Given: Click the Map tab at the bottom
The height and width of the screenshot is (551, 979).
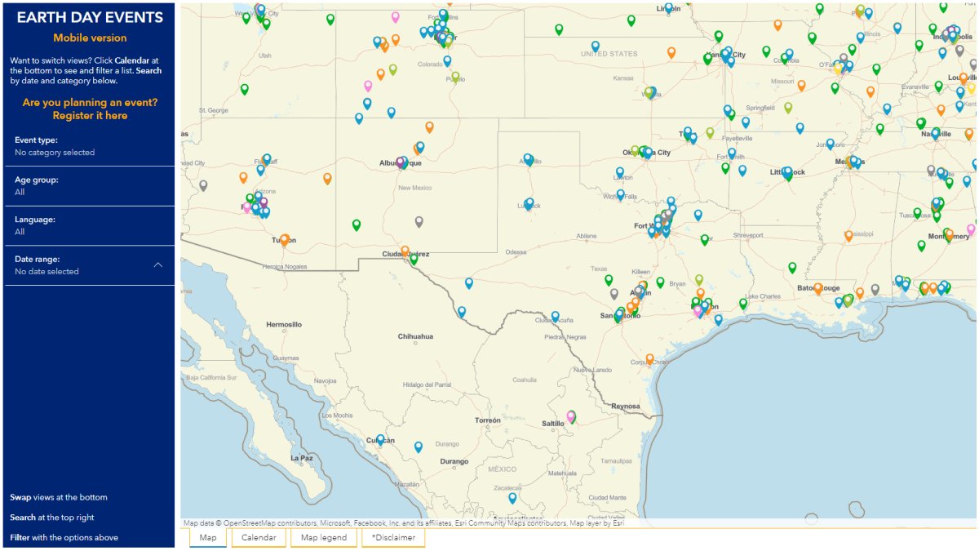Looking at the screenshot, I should [208, 538].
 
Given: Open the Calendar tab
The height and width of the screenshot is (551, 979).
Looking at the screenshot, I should [259, 538].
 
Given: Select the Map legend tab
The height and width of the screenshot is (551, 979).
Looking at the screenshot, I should [324, 538].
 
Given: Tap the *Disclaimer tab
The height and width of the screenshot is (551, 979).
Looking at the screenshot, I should [393, 538].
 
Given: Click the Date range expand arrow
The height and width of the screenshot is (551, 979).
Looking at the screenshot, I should [158, 265].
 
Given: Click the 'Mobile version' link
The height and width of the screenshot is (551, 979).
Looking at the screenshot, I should [90, 38].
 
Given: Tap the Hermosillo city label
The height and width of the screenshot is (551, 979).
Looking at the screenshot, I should [283, 325].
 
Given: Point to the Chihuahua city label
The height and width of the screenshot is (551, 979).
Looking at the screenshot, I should [415, 336].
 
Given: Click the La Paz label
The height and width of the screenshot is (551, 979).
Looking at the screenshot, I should [302, 458].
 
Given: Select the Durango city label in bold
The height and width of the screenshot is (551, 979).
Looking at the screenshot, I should [454, 462].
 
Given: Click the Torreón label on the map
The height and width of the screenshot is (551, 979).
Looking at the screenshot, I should [488, 421].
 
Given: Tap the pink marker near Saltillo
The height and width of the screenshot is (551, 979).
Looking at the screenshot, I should [571, 417].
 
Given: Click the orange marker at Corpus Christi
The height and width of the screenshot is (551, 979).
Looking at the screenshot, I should [649, 359].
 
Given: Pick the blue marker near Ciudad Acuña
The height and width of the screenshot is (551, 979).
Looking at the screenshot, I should [556, 317].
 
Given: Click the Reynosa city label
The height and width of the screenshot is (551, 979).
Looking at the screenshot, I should [626, 406].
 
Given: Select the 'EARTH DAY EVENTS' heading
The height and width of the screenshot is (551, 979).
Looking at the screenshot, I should [90, 18].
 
